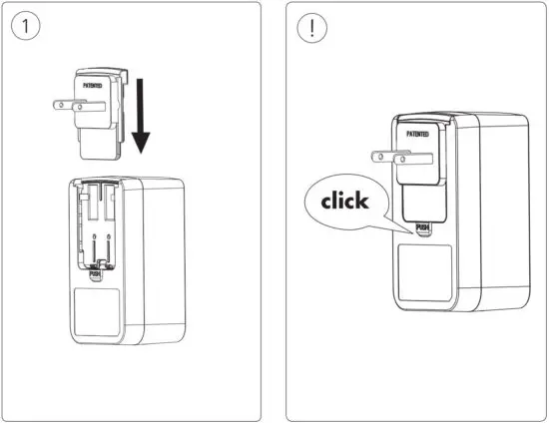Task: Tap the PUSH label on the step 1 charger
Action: (96, 270)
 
